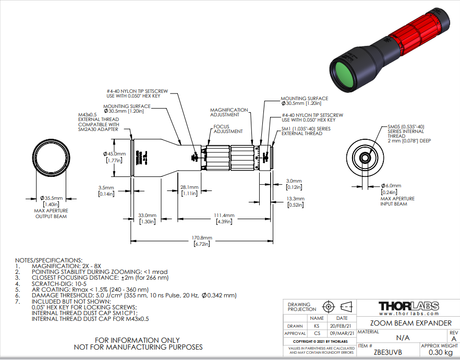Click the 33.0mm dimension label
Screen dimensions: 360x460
coord(147,215)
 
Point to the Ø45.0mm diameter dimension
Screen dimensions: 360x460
coord(114,153)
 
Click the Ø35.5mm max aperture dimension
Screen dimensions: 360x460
coord(51,198)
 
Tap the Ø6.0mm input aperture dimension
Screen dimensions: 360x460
coord(391,186)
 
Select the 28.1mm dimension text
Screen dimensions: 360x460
coord(189,187)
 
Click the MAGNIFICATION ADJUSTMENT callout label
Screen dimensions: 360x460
coord(229,113)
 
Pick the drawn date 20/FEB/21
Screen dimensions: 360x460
coord(342,325)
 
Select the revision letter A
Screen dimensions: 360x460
coord(453,339)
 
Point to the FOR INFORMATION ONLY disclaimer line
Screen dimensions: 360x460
coord(138,340)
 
